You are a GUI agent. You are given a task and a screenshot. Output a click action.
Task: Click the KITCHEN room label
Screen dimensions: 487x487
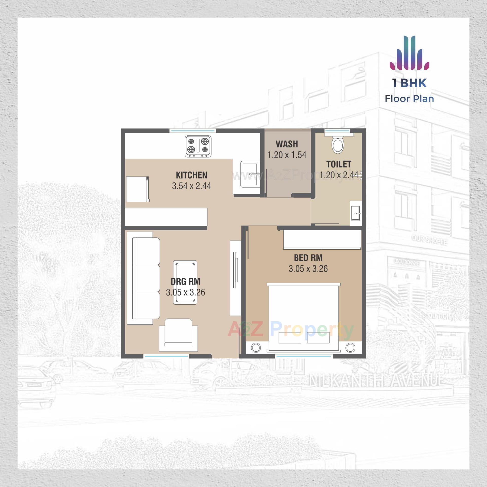tap(192, 175)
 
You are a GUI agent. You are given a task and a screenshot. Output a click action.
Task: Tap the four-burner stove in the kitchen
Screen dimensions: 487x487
tap(198, 146)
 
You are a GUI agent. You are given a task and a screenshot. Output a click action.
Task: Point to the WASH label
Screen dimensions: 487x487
tap(287, 144)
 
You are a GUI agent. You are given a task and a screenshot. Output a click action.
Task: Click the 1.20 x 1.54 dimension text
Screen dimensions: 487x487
tap(287, 155)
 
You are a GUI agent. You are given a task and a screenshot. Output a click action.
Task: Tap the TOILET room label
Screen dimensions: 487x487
tap(339, 164)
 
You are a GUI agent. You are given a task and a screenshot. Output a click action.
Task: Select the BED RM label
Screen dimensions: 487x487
tap(308, 258)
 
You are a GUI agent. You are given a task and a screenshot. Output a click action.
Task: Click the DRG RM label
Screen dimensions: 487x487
tap(185, 282)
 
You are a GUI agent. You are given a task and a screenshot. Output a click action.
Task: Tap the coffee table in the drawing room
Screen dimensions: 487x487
tap(185, 282)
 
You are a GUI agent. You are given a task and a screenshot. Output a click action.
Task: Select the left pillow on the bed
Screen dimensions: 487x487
tap(290, 338)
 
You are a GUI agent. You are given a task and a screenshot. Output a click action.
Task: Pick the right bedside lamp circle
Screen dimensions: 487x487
tap(350, 347)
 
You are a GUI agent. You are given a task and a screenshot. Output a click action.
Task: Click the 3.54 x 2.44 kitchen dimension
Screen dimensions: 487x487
tap(192, 186)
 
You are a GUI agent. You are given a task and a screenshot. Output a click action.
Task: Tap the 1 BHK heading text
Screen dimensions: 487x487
tap(409, 83)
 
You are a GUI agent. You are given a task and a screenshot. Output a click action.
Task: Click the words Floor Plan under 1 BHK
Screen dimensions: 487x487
tap(409, 99)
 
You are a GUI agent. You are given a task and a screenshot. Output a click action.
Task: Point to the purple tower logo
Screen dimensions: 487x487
tap(409, 53)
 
